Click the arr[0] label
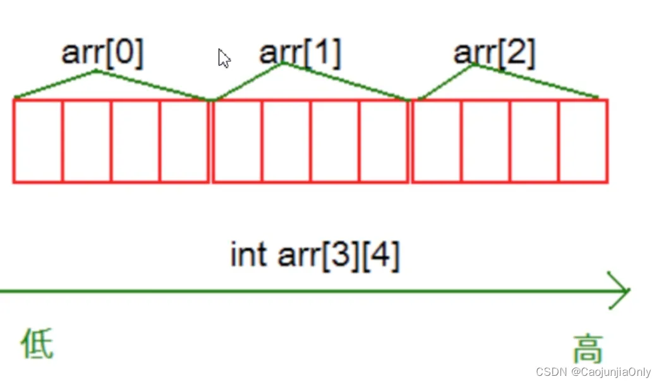click(x=102, y=54)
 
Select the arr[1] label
click(x=300, y=53)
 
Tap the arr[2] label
click(x=494, y=54)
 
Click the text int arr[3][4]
click(x=315, y=256)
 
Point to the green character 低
click(x=37, y=344)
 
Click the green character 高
click(x=588, y=348)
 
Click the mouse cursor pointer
click(x=224, y=58)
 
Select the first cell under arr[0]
click(x=38, y=141)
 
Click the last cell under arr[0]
click(x=184, y=141)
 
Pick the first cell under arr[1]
click(x=238, y=141)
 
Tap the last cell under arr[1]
click(x=384, y=141)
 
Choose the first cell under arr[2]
click(x=437, y=141)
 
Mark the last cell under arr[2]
click(x=583, y=141)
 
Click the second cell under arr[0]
click(x=87, y=141)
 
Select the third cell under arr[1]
click(x=335, y=141)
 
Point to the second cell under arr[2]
click(x=485, y=141)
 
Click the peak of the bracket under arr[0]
click(x=96, y=71)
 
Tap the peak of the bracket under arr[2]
click(x=473, y=65)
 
